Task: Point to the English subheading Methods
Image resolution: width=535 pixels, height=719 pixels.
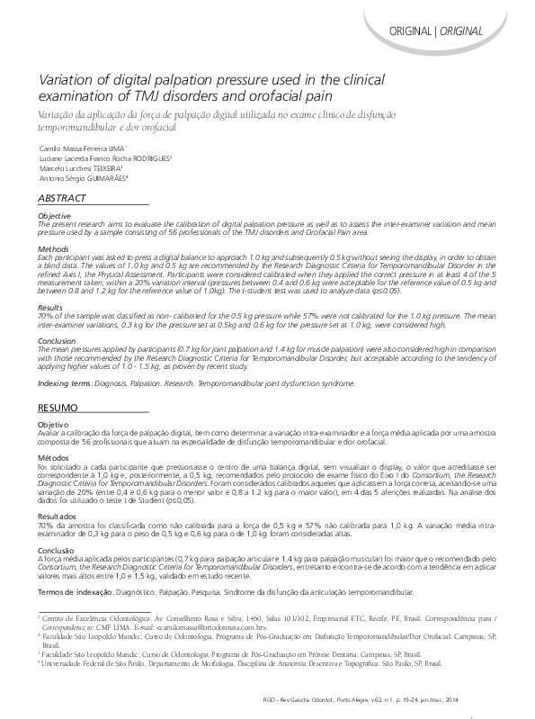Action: [54, 247]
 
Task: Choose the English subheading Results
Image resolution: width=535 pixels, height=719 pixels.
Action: [51, 308]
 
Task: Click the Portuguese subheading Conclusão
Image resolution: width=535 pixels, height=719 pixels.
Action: [57, 550]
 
